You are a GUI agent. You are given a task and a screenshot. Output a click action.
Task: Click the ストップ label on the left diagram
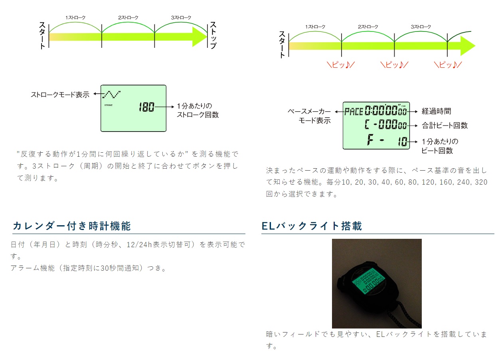point(213,35)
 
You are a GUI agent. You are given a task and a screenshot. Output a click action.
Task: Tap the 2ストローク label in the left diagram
point(128,18)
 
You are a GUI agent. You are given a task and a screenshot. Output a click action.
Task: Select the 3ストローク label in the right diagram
point(421,27)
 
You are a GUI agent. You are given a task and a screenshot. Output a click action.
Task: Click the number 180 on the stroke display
point(146,107)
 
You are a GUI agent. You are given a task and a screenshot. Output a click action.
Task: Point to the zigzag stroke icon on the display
point(112,94)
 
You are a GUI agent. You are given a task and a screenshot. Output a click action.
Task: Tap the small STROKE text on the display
point(109,105)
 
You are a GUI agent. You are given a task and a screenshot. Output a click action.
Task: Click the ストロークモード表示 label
point(60,95)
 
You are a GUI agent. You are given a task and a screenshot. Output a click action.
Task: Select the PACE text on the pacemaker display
point(354,111)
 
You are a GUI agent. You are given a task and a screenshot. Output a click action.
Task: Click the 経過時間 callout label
point(436,111)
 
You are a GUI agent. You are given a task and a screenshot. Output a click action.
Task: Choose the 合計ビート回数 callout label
point(445,126)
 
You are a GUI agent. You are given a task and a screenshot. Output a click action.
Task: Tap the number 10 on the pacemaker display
point(403,142)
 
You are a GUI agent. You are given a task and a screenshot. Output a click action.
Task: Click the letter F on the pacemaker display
point(370,140)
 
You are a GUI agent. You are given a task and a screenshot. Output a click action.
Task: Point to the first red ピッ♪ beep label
point(340,65)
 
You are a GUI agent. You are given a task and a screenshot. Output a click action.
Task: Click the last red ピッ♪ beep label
point(448,65)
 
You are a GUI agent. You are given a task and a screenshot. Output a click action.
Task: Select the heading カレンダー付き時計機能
point(72,226)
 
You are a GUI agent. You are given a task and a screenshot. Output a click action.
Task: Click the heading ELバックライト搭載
point(312,226)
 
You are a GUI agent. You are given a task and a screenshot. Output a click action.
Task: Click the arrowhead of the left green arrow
point(199,37)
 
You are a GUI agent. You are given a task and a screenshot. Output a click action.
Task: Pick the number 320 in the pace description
point(481,182)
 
